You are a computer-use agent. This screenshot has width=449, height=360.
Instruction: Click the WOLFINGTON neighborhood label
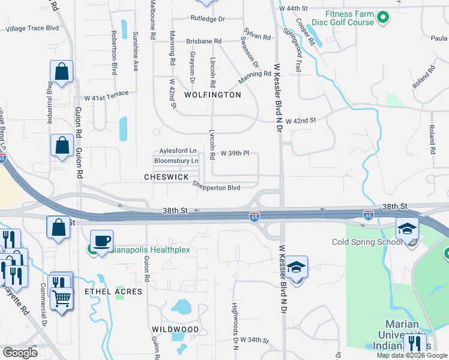[212, 95]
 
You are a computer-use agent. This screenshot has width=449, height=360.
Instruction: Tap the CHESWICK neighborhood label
[166, 177]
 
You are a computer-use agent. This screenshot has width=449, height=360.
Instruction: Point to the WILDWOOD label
[175, 329]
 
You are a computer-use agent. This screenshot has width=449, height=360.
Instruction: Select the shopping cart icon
[62, 296]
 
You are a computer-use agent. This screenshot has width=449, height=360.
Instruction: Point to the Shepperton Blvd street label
[217, 187]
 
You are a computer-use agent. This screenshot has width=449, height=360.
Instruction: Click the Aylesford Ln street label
[178, 151]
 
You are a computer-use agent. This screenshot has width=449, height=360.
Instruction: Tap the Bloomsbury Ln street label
[176, 161]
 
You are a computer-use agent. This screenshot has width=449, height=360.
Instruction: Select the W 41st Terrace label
[106, 96]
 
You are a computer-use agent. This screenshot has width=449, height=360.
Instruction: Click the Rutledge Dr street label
[208, 19]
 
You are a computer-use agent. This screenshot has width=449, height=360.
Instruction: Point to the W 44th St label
[293, 9]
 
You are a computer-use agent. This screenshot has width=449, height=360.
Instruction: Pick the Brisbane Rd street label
[204, 41]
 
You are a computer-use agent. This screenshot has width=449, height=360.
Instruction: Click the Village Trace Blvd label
[32, 28]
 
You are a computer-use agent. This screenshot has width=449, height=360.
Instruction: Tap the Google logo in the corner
[20, 352]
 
